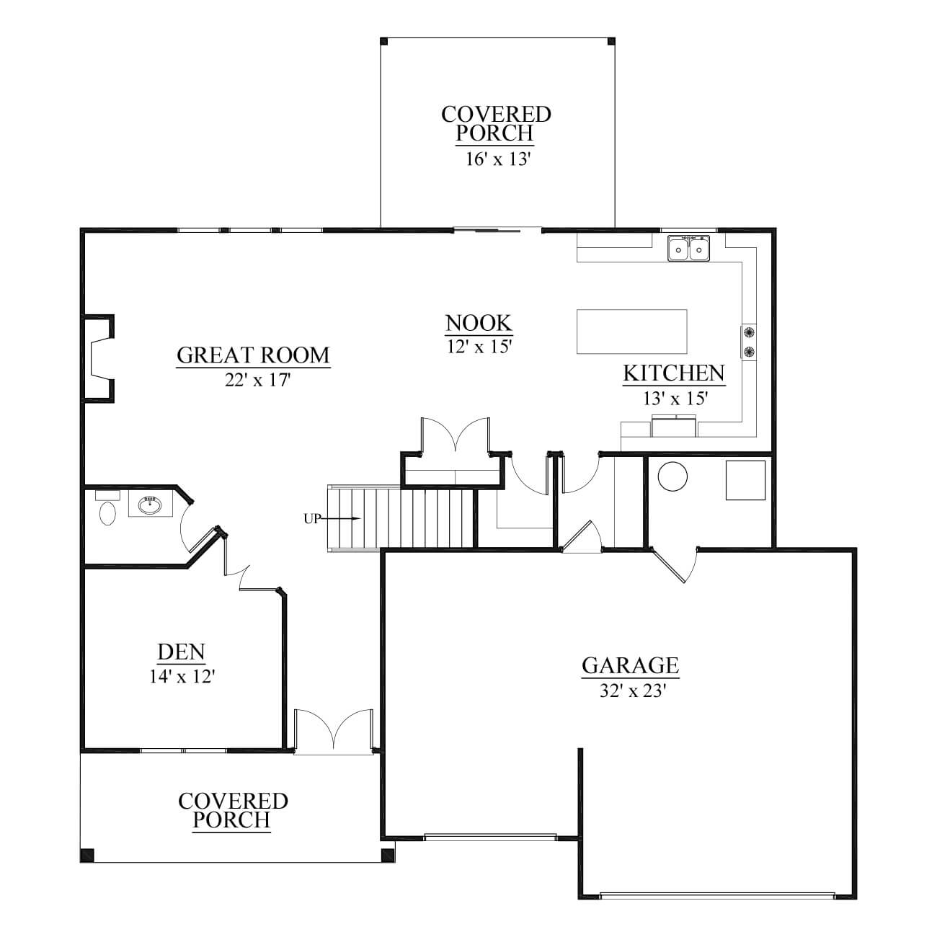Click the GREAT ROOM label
tap(253, 355)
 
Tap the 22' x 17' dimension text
tap(257, 380)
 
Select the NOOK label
tap(479, 323)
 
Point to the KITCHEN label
tap(674, 373)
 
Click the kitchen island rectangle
tap(631, 332)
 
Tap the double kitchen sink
tap(688, 249)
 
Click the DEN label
tap(182, 652)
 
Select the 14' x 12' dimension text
tap(182, 676)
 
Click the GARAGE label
tap(630, 665)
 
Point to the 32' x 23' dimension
tap(632, 691)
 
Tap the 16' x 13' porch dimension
tap(497, 159)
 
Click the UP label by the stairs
tap(312, 519)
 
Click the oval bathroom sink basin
tap(150, 505)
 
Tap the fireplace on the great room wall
tap(99, 358)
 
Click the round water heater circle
tap(672, 476)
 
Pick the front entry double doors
tap(334, 732)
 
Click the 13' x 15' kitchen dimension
tap(675, 399)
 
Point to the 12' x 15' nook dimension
tap(479, 347)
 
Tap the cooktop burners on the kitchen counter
tap(749, 342)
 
